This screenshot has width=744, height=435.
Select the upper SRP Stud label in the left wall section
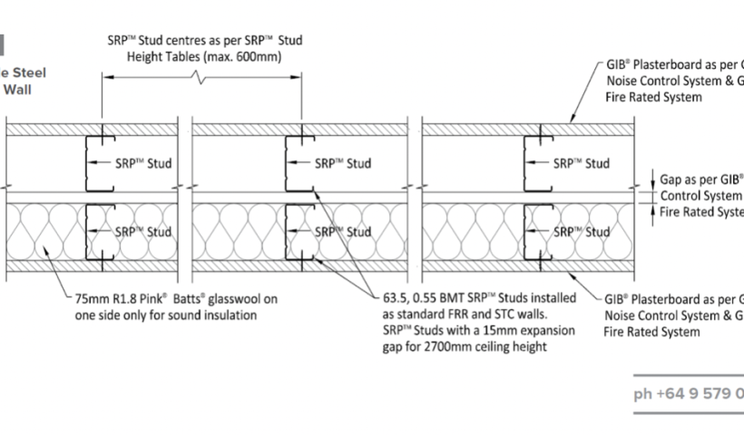[143, 164]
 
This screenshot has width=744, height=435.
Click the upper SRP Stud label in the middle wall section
[342, 164]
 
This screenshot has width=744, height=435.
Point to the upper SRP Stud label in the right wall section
[582, 164]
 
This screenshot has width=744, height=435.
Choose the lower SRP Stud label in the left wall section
[142, 231]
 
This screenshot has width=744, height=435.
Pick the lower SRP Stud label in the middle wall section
[343, 231]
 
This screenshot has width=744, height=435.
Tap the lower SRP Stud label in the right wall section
[582, 231]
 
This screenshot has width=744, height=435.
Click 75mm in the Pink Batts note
[92, 299]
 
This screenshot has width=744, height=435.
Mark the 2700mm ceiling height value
[423, 346]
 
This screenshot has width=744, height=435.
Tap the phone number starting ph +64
[689, 394]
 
